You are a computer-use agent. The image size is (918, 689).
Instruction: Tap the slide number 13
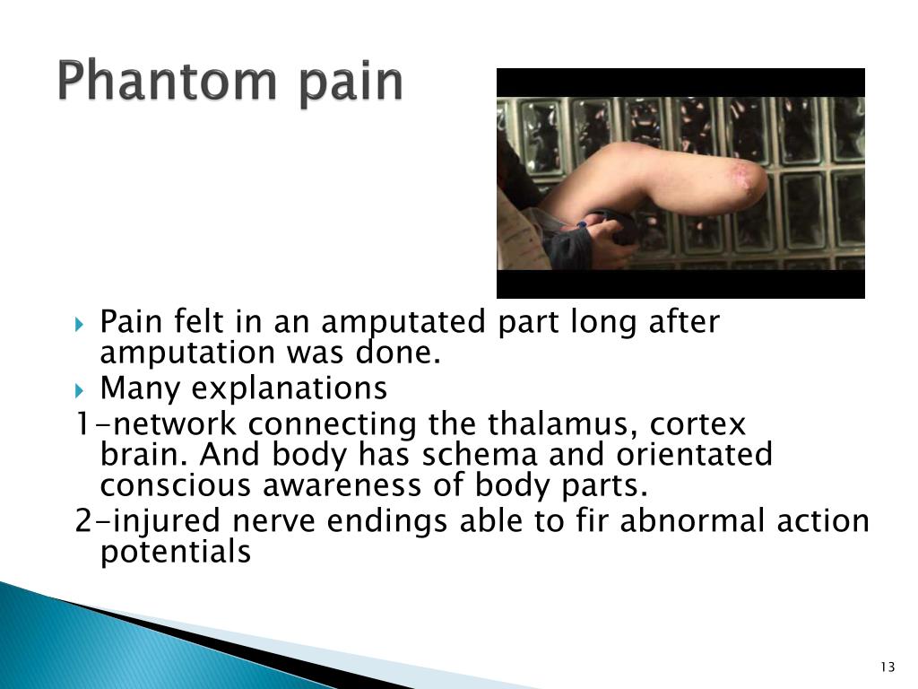[x=888, y=666]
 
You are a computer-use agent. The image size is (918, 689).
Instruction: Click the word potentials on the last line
[x=176, y=553]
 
